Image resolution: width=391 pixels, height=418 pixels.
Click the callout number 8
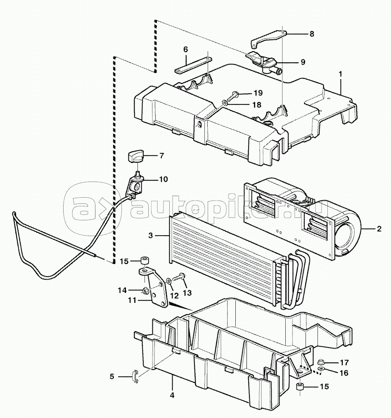(x=311, y=34)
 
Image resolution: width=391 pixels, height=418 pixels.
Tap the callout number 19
(x=258, y=93)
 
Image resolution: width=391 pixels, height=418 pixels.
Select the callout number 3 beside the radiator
(x=151, y=236)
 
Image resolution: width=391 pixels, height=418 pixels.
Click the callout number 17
(x=344, y=363)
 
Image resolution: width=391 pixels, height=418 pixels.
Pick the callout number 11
(x=132, y=300)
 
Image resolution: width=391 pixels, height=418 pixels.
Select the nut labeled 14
(x=146, y=290)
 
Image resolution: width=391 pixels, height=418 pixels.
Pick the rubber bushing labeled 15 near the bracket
(x=145, y=260)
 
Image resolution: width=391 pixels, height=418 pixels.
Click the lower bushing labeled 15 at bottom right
(x=301, y=386)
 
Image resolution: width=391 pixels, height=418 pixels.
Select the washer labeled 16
(x=321, y=369)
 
